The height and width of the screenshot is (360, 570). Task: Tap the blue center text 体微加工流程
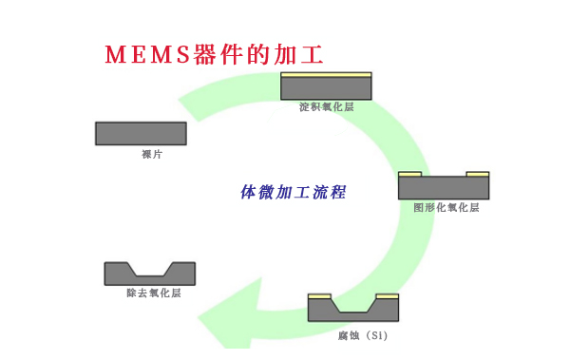293,192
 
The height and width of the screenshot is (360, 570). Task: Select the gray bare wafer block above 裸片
141,134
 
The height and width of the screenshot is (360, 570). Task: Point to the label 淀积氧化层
326,107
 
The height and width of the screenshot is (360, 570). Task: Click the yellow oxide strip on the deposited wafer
326,75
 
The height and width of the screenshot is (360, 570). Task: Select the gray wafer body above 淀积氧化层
326,88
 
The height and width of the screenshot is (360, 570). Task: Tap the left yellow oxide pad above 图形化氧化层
409,174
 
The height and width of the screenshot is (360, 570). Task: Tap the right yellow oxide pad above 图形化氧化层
478,174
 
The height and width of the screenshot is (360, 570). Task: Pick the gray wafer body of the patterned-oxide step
444,188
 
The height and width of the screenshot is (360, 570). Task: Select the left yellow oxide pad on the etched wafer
320,296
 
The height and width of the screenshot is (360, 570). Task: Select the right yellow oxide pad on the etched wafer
388,296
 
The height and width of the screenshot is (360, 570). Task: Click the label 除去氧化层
153,294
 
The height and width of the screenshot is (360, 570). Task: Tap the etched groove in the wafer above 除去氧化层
150,269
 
